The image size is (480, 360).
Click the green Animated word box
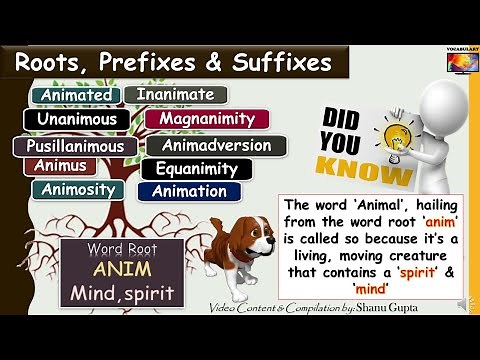(x=75, y=96)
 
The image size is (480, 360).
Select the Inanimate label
(x=175, y=96)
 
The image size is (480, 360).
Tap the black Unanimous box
(x=77, y=120)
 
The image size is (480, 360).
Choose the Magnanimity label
(x=207, y=120)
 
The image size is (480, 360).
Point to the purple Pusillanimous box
(x=75, y=146)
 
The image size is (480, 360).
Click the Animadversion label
(x=216, y=146)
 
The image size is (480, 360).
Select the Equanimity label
(x=196, y=169)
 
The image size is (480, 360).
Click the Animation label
(x=189, y=191)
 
